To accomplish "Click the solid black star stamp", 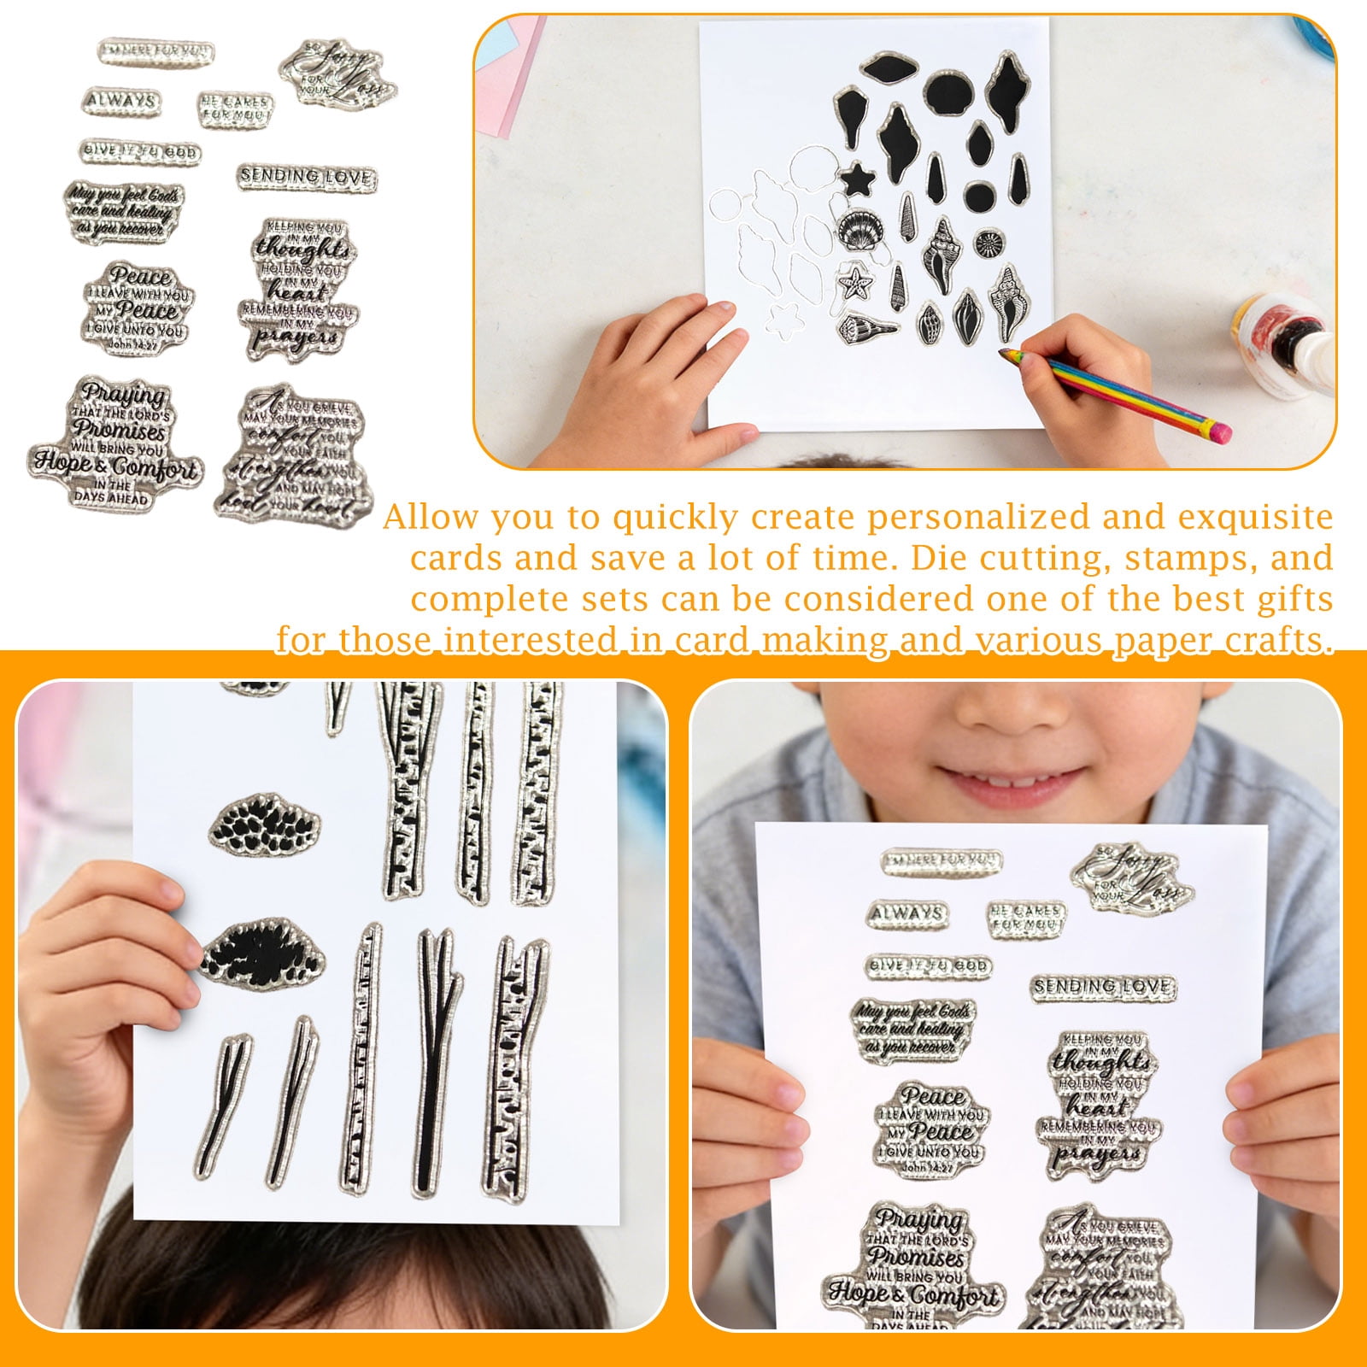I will (x=856, y=180).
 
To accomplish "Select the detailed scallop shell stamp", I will (x=856, y=231).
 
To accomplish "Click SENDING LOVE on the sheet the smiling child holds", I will (x=1102, y=988).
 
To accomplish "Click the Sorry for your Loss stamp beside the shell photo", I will (x=337, y=73).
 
